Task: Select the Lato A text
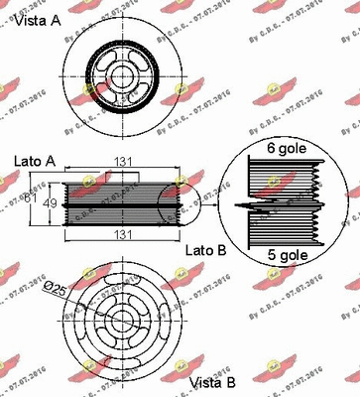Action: (x=36, y=159)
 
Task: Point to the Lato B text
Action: (x=206, y=251)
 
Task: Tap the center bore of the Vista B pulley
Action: (x=124, y=320)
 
